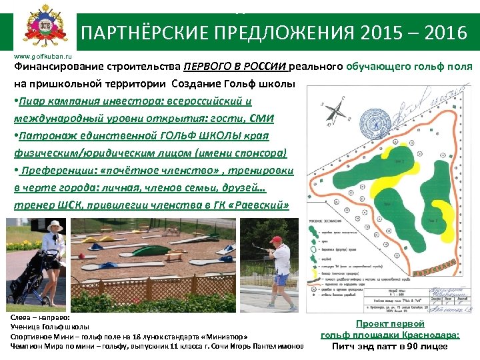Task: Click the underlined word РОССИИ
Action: click(264, 67)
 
